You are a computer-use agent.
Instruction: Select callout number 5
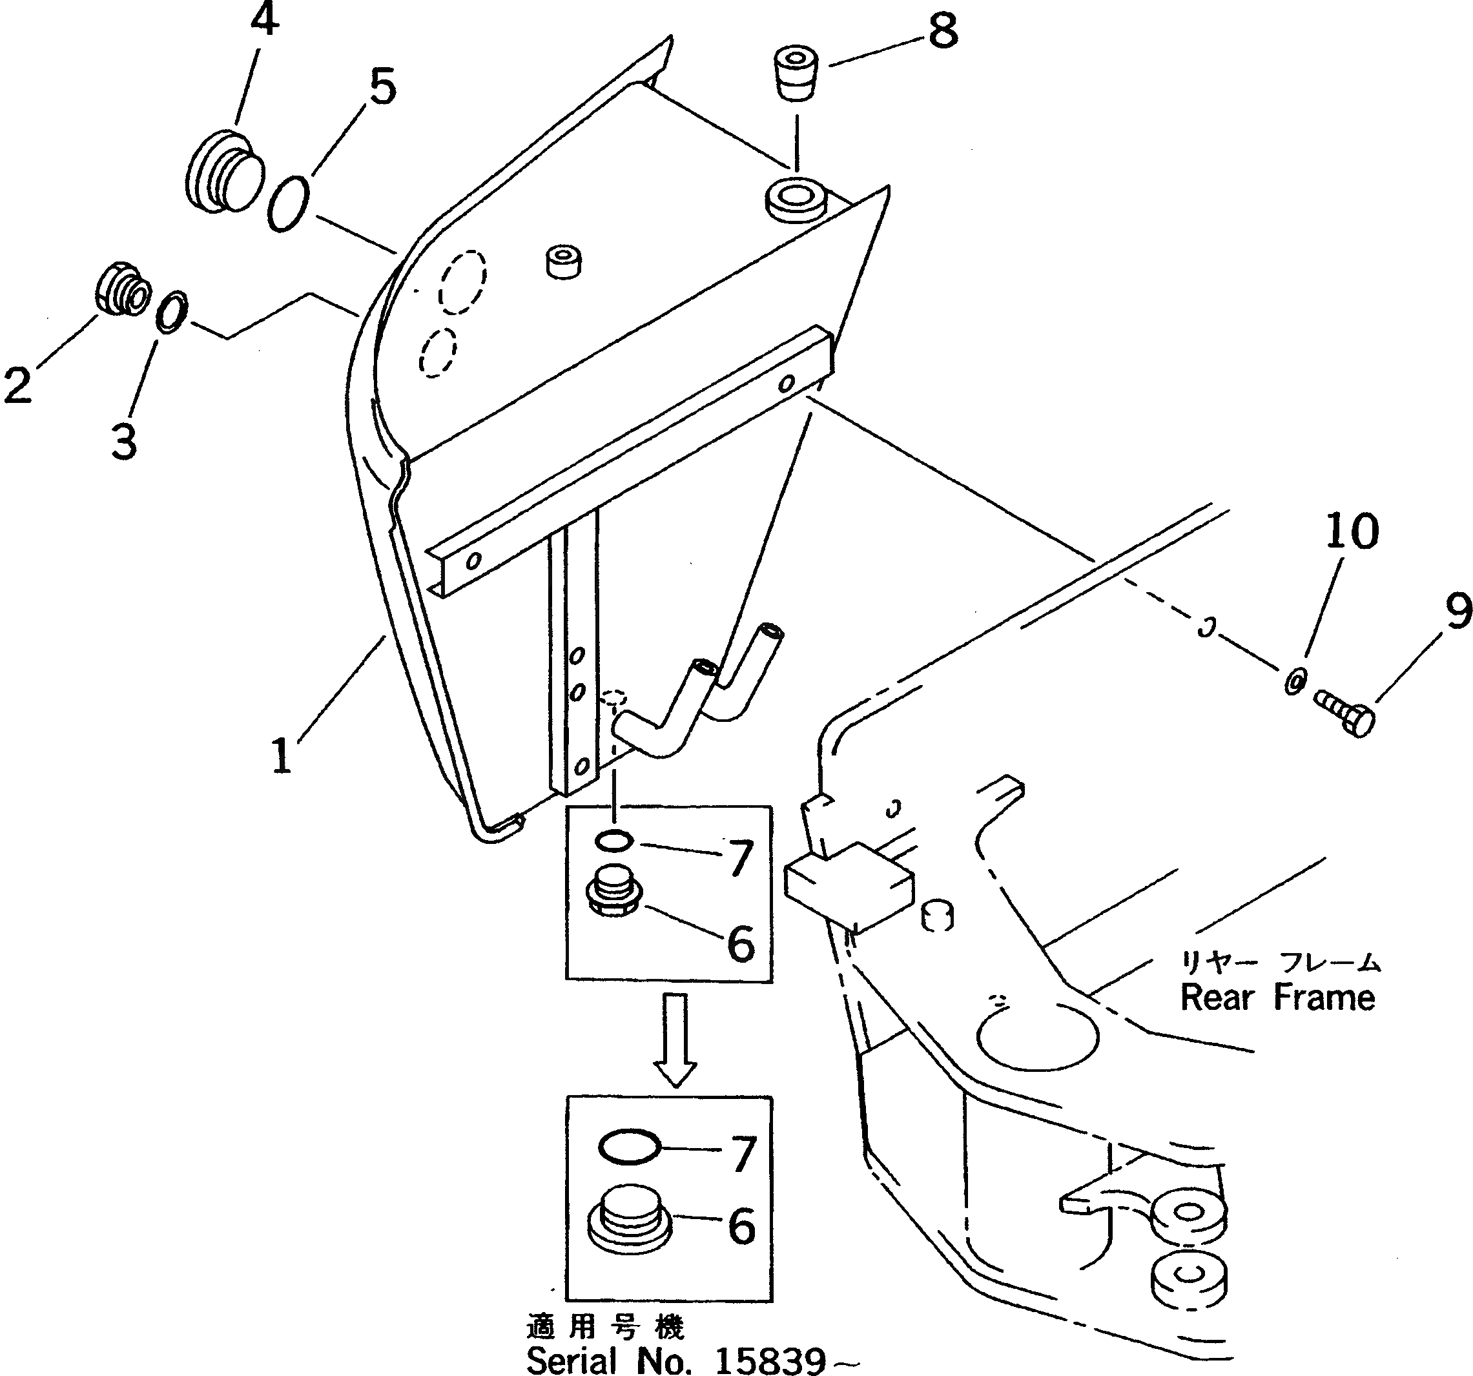382,86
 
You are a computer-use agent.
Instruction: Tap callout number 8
942,32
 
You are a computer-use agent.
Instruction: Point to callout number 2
18,385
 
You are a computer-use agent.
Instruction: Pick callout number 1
282,757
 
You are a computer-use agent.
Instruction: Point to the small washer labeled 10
1294,679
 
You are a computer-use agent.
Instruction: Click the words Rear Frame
1277,998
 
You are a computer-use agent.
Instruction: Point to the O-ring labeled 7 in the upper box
613,840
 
